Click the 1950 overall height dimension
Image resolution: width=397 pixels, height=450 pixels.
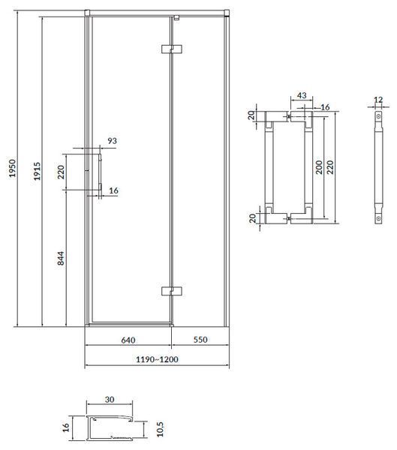coord(12,168)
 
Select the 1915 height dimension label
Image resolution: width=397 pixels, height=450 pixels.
coord(37,171)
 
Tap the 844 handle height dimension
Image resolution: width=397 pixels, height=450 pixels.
coord(61,258)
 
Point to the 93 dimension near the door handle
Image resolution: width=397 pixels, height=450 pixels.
coord(113,141)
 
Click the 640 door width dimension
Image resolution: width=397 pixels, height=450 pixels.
coord(128,340)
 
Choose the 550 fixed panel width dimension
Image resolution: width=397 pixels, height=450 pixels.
coord(200,340)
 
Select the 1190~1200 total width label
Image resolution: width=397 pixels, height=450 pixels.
coord(157,359)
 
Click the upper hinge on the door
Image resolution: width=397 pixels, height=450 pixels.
coord(172,49)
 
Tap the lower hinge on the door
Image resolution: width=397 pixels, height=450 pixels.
coord(172,291)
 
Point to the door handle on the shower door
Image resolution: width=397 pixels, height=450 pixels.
coord(101,172)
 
